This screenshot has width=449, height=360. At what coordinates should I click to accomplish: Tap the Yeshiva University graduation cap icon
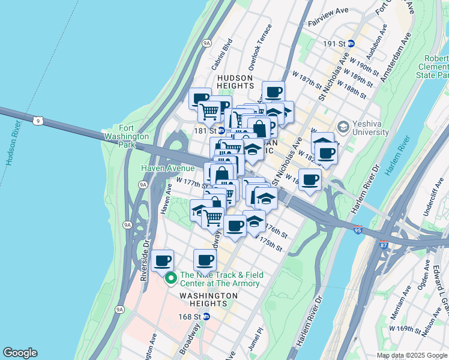(x=343, y=127)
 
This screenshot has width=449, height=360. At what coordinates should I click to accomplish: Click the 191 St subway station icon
(x=351, y=44)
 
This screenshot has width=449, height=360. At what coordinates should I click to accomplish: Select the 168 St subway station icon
(x=206, y=316)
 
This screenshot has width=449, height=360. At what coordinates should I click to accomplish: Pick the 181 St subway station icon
(x=221, y=130)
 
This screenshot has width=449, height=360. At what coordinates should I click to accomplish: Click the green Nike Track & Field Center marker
(x=170, y=277)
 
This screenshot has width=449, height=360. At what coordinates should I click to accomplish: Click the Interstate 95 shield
(x=357, y=230)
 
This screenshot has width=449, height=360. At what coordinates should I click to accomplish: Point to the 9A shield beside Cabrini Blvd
(x=206, y=43)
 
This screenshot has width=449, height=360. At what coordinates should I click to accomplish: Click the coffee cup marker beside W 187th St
(x=273, y=92)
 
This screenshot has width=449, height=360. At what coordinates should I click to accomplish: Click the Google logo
(x=20, y=353)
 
